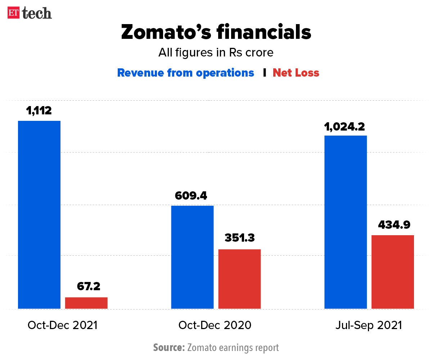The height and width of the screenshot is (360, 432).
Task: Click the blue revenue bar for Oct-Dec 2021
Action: [39, 215]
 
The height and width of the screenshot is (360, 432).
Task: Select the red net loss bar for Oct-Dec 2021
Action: [86, 303]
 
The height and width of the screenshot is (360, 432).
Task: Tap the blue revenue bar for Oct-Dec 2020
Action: [192, 257]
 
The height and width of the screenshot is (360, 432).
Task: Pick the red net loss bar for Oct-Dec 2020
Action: [239, 279]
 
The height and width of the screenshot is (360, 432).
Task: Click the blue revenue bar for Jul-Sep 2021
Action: [346, 222]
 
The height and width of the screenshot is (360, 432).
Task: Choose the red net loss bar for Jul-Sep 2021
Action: [392, 272]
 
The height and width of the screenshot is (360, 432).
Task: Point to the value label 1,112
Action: [39, 110]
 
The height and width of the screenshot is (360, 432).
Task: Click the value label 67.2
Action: [89, 286]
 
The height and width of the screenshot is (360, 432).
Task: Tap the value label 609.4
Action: [191, 196]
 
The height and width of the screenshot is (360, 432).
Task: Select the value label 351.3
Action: [239, 238]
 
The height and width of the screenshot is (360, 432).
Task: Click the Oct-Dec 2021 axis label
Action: [63, 325]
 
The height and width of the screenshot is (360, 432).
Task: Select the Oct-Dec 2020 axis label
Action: [215, 325]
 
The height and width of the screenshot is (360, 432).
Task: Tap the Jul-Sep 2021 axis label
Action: [368, 325]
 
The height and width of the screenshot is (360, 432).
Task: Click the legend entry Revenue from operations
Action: [185, 73]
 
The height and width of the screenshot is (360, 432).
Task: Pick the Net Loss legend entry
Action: [296, 73]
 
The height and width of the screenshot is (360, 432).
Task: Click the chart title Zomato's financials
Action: [216, 32]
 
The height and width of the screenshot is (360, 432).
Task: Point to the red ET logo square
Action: [14, 13]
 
